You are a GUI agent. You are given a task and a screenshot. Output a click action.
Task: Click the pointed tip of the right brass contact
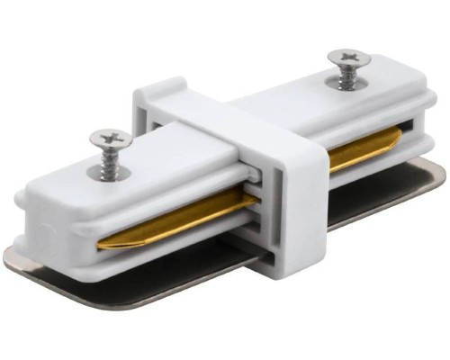pyautogui.click(x=400, y=139)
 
